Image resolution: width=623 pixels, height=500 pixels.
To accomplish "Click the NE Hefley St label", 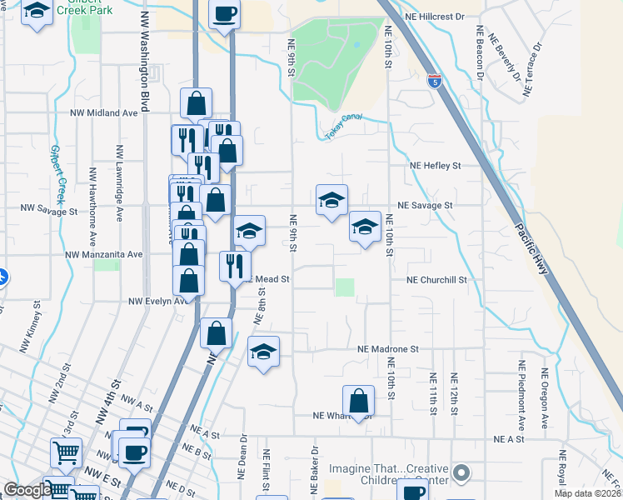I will coord(435,166).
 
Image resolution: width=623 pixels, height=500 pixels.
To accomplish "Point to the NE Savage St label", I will coord(425,205).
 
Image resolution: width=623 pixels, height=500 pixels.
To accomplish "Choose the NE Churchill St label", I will coord(437,281).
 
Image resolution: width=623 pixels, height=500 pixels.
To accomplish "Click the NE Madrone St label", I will coord(387,350).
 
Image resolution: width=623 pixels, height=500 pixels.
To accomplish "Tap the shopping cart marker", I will coord(66,453).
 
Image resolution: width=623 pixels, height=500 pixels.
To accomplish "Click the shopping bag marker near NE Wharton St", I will coord(358,401).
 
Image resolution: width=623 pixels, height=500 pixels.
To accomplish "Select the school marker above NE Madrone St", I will coord(263,351).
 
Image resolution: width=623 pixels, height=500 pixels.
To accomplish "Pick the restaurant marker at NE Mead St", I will coord(235,266).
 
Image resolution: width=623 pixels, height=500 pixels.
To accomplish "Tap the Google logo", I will coord(27,490).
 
